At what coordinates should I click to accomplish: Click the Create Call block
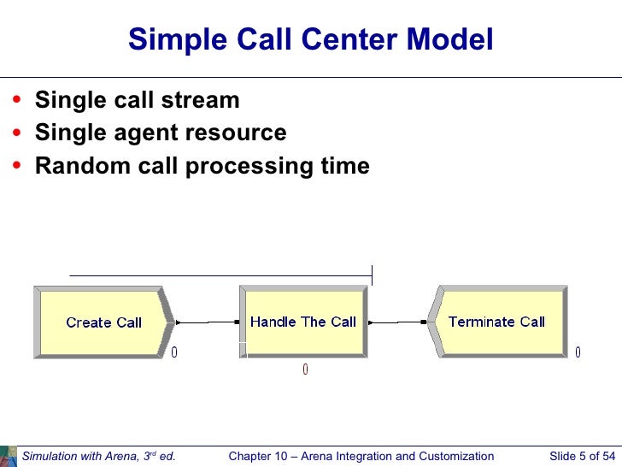[103, 322]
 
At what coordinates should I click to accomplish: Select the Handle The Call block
[303, 322]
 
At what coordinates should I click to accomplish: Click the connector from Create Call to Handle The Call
[208, 322]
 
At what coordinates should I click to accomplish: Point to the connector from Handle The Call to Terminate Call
[397, 322]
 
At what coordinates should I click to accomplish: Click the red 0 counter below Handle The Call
[305, 369]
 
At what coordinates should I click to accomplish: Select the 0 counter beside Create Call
[174, 352]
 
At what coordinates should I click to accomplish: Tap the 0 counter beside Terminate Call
[578, 352]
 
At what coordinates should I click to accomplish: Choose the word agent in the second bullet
[147, 133]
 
